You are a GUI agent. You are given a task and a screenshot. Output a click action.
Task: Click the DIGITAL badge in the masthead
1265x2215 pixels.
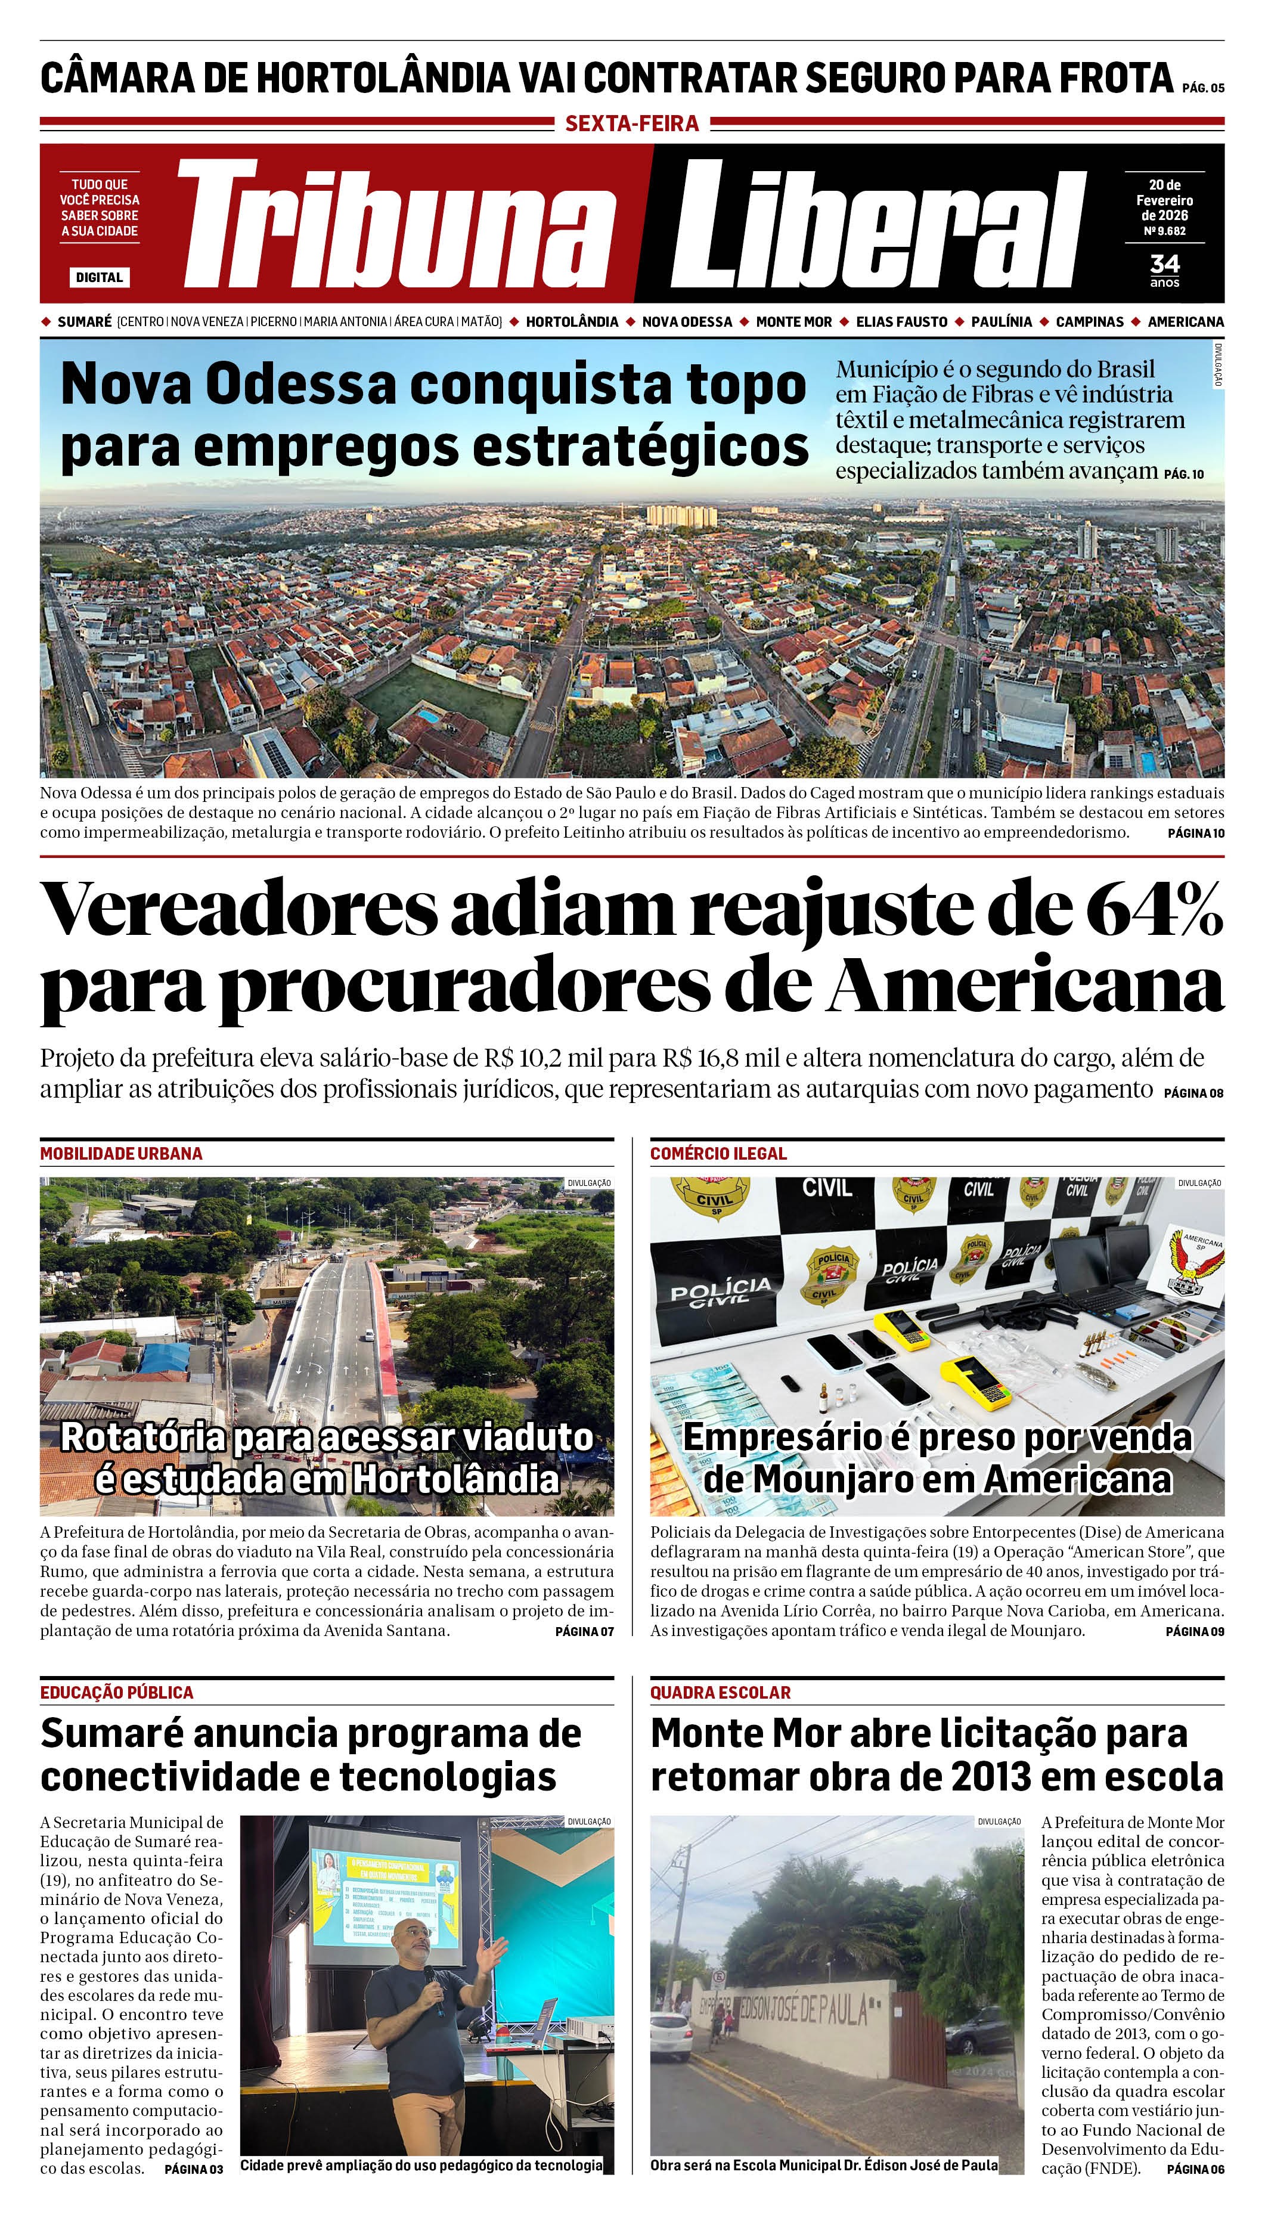tap(99, 277)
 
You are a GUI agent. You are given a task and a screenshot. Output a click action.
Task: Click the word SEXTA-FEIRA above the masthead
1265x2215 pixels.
tap(632, 123)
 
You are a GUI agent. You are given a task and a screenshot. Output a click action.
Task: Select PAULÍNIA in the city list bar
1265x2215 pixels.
tap(1002, 321)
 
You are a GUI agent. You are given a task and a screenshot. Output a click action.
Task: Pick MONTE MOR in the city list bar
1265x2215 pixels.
tap(793, 321)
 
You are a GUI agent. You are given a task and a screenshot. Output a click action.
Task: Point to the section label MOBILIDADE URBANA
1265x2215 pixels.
tap(121, 1154)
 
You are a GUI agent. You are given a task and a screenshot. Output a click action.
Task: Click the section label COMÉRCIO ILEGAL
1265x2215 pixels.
tap(718, 1154)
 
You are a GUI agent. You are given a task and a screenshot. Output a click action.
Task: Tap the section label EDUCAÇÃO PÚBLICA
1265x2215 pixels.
tap(116, 1692)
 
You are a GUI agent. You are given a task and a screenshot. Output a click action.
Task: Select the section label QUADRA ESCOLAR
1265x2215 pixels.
tap(720, 1692)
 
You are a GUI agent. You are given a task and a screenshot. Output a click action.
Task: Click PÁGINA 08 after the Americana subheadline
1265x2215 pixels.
tap(1193, 1092)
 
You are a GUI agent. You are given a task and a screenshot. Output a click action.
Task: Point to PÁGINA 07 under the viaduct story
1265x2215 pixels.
tap(584, 1631)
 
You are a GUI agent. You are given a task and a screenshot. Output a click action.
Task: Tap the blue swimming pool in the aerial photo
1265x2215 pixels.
tap(427, 716)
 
